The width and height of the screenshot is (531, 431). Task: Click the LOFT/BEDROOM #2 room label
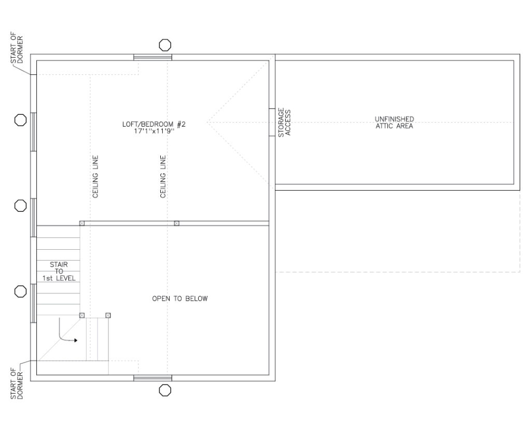pyautogui.click(x=153, y=125)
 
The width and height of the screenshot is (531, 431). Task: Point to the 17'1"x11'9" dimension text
pyautogui.click(x=153, y=132)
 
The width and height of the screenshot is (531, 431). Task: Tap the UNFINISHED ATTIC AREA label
pyautogui.click(x=394, y=122)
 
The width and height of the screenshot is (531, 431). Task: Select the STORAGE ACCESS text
pyautogui.click(x=285, y=123)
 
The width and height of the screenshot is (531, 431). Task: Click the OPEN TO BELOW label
pyautogui.click(x=179, y=299)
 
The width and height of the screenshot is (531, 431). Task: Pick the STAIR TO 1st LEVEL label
pyautogui.click(x=59, y=272)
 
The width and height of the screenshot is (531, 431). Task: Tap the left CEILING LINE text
pyautogui.click(x=95, y=177)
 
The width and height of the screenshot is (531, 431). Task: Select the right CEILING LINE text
pyautogui.click(x=163, y=177)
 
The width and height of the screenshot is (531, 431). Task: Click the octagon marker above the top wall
pyautogui.click(x=165, y=45)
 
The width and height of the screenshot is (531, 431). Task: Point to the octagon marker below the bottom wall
pyautogui.click(x=165, y=390)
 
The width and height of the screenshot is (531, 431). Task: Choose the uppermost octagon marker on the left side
pyautogui.click(x=20, y=120)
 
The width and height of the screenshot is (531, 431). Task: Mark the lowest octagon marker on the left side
pyautogui.click(x=20, y=291)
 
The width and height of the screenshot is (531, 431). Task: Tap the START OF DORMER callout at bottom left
pyautogui.click(x=17, y=384)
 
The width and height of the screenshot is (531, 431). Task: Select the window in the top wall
pyautogui.click(x=152, y=57)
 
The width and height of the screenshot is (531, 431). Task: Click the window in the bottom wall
pyautogui.click(x=152, y=378)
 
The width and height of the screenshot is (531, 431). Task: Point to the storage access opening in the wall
pyautogui.click(x=271, y=123)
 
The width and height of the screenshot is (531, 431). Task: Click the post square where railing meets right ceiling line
pyautogui.click(x=176, y=223)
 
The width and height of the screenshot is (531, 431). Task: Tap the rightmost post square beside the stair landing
pyautogui.click(x=108, y=315)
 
